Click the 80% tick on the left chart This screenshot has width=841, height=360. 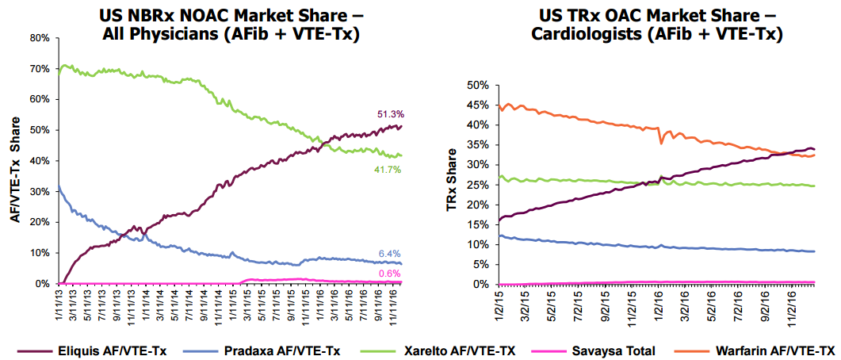[40, 38]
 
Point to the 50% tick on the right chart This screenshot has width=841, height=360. [477, 85]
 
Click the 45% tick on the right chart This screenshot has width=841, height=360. [477, 105]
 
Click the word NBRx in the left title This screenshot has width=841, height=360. [155, 15]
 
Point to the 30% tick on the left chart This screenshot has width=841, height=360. [40, 191]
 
